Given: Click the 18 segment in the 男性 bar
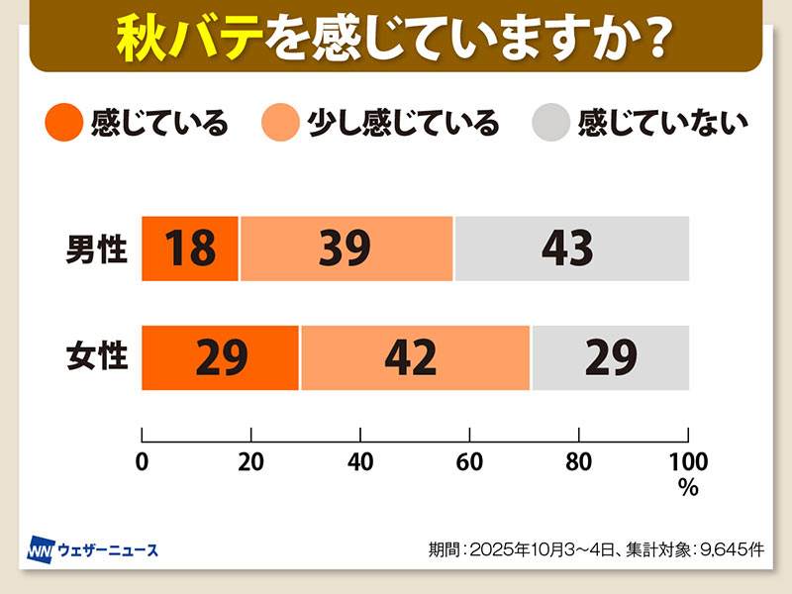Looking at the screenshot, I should (x=190, y=247).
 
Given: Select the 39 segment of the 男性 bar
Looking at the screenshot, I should (x=346, y=247).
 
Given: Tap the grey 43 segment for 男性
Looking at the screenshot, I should (x=570, y=247).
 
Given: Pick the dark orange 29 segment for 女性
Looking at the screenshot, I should (x=220, y=357).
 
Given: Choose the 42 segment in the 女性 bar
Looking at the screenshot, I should (x=414, y=357).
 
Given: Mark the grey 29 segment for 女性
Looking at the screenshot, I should (x=609, y=357).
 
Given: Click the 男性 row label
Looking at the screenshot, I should (x=97, y=248).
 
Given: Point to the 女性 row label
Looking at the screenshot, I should (x=97, y=357).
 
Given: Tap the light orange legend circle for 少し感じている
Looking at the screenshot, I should (x=280, y=124).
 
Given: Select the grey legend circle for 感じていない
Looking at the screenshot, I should (x=551, y=124).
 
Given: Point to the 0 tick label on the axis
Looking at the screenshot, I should (x=143, y=461).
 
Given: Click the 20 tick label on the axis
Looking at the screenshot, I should (x=251, y=461).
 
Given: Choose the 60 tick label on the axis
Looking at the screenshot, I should (x=469, y=461).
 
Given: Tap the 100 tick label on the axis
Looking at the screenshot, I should (x=688, y=461).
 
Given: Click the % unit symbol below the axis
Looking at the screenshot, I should (x=688, y=486).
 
